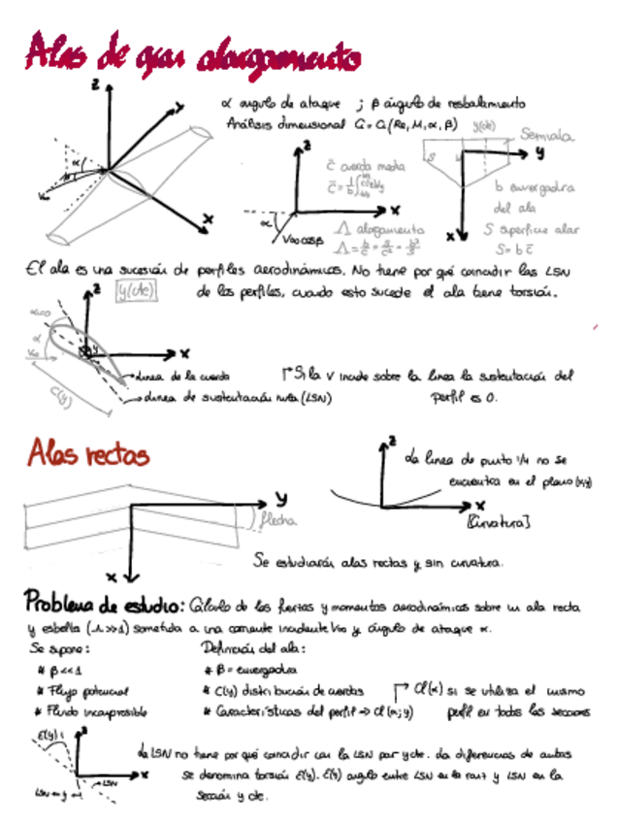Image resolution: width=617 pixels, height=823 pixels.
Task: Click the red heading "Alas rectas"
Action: point(88,452)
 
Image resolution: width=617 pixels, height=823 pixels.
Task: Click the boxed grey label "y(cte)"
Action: point(136,290)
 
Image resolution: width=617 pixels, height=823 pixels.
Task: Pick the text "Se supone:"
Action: point(61,648)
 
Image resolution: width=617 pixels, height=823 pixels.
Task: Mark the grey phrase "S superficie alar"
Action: point(532,231)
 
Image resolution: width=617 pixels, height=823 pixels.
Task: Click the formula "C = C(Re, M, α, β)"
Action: point(405,124)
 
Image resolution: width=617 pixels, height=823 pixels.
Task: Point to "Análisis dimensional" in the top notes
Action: point(285,124)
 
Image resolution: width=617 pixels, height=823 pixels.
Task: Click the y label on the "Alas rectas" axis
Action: point(280,497)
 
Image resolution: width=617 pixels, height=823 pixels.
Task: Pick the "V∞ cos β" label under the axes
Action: point(304,238)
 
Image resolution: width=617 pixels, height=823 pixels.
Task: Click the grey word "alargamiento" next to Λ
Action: point(373,230)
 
